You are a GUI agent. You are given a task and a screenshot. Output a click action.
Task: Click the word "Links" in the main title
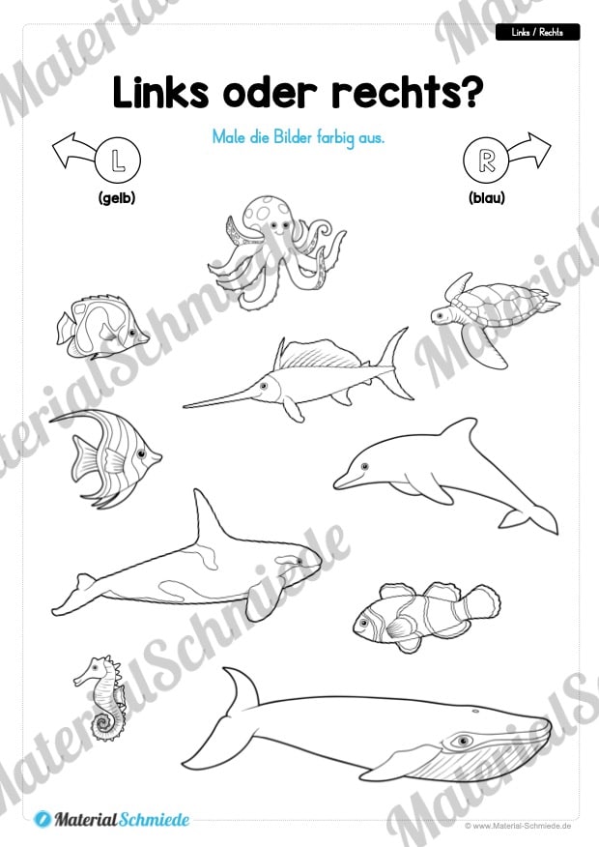160,93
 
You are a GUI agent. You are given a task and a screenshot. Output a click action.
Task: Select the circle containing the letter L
118,160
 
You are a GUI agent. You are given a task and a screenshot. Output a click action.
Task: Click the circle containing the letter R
486,160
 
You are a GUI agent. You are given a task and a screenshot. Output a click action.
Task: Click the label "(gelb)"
117,198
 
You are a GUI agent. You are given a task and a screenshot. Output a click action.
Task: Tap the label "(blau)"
487,198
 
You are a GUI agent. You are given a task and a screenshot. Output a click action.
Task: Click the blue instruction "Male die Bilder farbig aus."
299,137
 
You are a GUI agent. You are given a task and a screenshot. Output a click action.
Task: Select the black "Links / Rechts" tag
537,33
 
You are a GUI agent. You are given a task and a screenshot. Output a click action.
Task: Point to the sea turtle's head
443,315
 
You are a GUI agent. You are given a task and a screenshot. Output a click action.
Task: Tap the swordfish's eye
264,386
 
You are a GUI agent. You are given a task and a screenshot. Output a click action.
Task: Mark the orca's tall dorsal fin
209,518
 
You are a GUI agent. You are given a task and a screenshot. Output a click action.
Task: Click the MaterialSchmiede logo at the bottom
112,820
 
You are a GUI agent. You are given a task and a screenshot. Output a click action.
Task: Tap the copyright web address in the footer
518,826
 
